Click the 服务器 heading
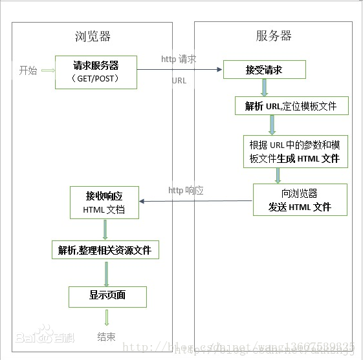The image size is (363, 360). pyautogui.click(x=274, y=36)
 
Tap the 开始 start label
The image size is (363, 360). pyautogui.click(x=28, y=70)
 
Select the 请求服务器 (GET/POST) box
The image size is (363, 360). pyautogui.click(x=96, y=72)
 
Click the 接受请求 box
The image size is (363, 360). pyautogui.click(x=264, y=69)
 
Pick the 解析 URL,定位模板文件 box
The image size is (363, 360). pyautogui.click(x=291, y=106)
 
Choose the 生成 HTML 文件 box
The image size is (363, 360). pyautogui.click(x=294, y=151)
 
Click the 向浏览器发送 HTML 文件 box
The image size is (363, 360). pyautogui.click(x=300, y=200)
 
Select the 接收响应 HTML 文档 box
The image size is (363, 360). pyautogui.click(x=104, y=202)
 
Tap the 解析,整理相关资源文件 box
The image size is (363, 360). pyautogui.click(x=105, y=249)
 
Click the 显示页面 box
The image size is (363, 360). pyautogui.click(x=107, y=296)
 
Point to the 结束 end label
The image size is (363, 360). pyautogui.click(x=107, y=336)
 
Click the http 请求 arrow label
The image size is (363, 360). pyautogui.click(x=179, y=59)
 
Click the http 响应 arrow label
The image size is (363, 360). pyautogui.click(x=186, y=190)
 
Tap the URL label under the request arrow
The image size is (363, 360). pyautogui.click(x=179, y=81)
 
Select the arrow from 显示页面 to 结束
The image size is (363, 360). pyautogui.click(x=107, y=317)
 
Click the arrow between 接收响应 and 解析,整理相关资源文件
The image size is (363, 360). pyautogui.click(x=105, y=229)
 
